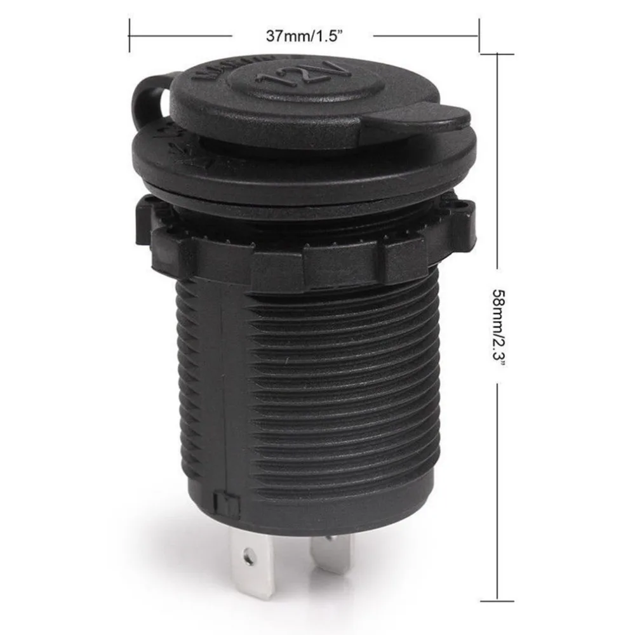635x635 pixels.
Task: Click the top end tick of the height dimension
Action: pyautogui.click(x=497, y=53)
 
